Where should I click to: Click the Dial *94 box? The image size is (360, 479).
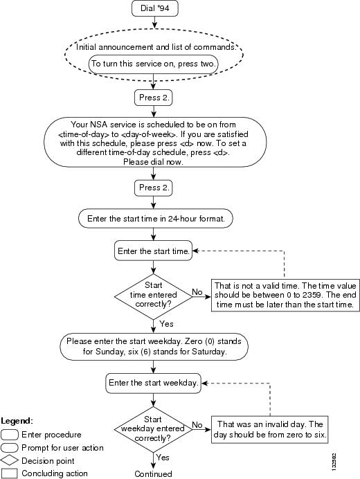pyautogui.click(x=154, y=8)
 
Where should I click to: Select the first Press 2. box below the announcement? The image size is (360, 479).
pyautogui.click(x=154, y=98)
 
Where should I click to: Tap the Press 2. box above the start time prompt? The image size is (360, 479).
pyautogui.click(x=154, y=188)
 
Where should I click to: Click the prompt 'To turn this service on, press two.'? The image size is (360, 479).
pyautogui.click(x=154, y=64)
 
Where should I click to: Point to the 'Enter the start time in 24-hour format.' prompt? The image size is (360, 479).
pyautogui.click(x=156, y=219)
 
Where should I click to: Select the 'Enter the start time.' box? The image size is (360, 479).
pyautogui.click(x=154, y=251)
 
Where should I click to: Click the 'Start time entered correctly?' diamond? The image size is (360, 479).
pyautogui.click(x=154, y=296)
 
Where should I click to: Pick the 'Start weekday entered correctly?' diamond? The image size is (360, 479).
pyautogui.click(x=154, y=429)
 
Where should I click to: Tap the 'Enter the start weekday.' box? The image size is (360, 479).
pyautogui.click(x=154, y=383)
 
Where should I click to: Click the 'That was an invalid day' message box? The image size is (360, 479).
pyautogui.click(x=270, y=430)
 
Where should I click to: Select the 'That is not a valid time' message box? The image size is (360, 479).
pyautogui.click(x=285, y=295)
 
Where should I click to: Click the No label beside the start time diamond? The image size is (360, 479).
pyautogui.click(x=197, y=292)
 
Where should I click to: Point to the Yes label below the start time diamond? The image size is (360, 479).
pyautogui.click(x=167, y=324)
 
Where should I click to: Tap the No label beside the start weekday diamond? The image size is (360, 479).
pyautogui.click(x=197, y=425)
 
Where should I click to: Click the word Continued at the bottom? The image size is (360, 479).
pyautogui.click(x=153, y=473)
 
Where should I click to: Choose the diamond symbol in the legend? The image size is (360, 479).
pyautogui.click(x=10, y=460)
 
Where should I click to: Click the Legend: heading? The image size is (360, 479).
pyautogui.click(x=17, y=421)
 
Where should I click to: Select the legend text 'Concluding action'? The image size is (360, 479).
pyautogui.click(x=55, y=473)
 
